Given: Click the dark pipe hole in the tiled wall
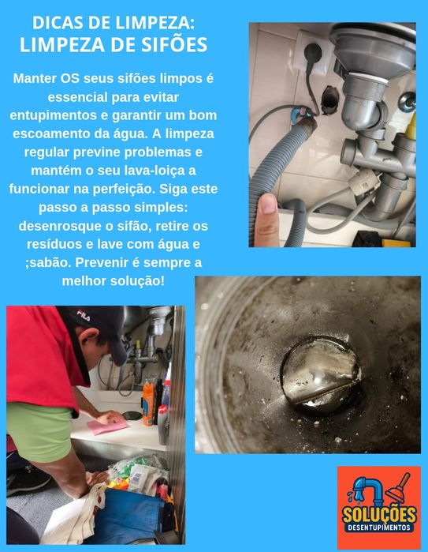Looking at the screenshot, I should [x=330, y=98].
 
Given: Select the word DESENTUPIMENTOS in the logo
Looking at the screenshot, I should [x=378, y=527].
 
